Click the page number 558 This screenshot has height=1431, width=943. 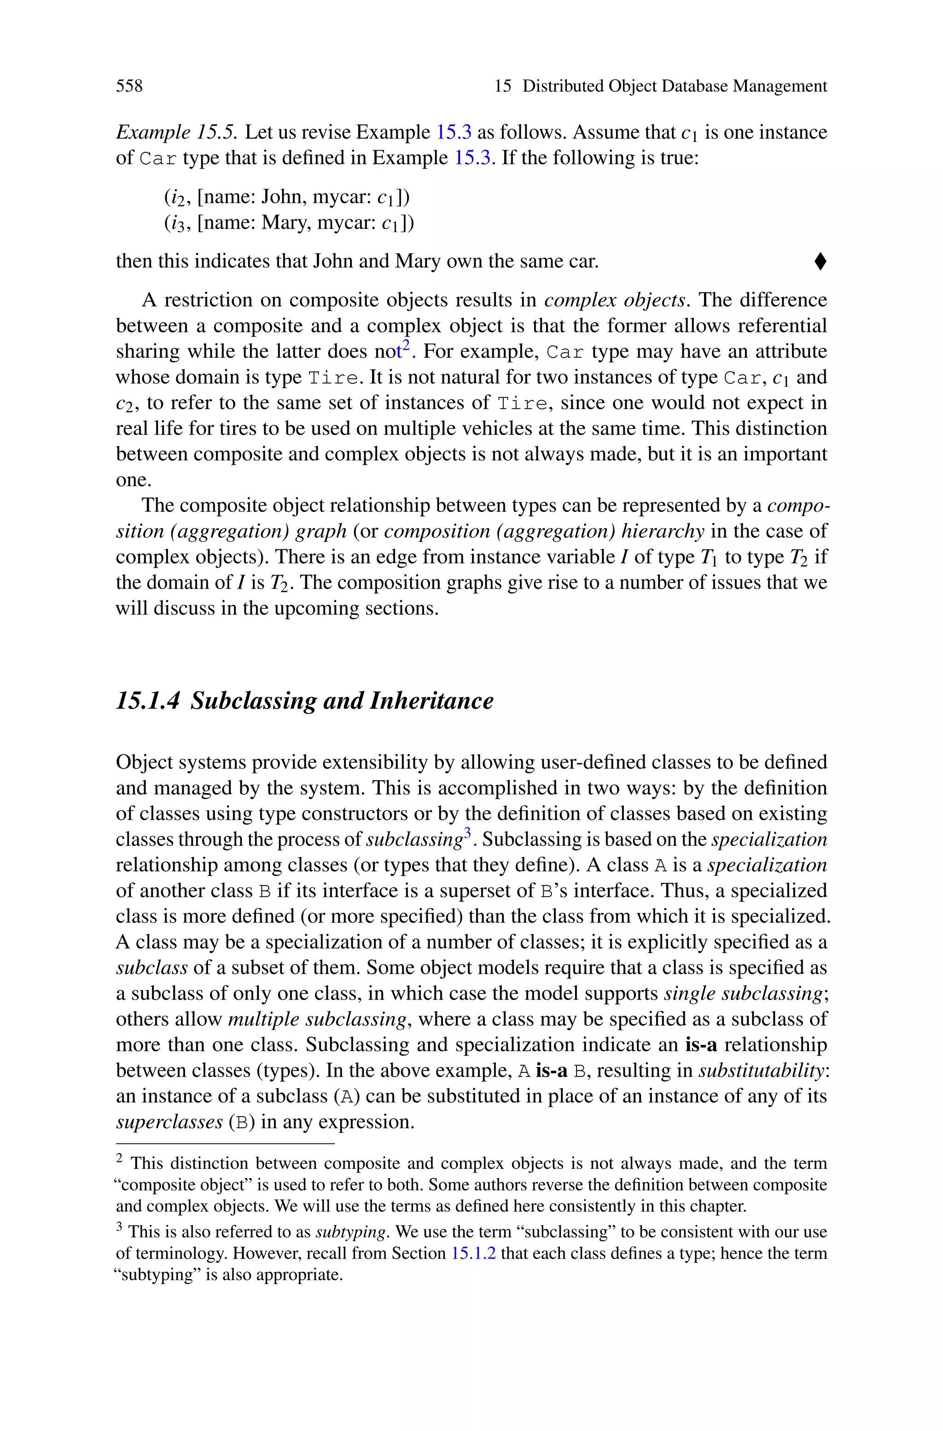129,86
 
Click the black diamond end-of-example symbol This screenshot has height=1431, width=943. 820,261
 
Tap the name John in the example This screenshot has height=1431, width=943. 283,197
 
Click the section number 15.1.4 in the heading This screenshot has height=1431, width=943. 147,701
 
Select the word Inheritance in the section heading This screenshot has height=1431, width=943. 431,701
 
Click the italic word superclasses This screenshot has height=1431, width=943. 169,1122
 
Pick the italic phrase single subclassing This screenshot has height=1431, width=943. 743,993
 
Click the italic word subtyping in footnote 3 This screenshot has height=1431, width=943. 350,1232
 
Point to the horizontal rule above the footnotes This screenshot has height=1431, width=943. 224,1143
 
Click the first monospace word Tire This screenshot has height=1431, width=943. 334,378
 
